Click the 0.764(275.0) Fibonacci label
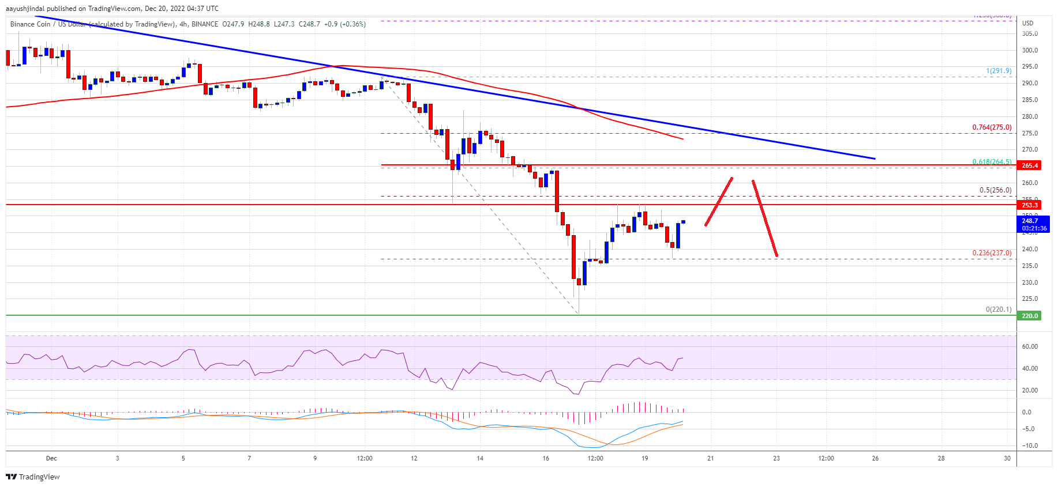992,127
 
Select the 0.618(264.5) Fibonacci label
992,162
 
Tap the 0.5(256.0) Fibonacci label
995,190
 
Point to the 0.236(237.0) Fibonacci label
992,253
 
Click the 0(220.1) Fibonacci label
998,309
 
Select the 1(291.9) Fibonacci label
999,71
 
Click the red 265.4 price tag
1030,165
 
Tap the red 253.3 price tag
1030,205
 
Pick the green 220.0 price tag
1030,316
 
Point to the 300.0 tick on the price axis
1030,50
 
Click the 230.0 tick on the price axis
1030,282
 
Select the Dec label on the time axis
51,459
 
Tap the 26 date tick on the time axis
875,459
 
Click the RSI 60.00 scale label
1030,346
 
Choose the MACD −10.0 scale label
1030,446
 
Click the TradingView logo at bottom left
33,477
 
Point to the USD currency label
1027,23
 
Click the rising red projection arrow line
719,201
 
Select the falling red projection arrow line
765,218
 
